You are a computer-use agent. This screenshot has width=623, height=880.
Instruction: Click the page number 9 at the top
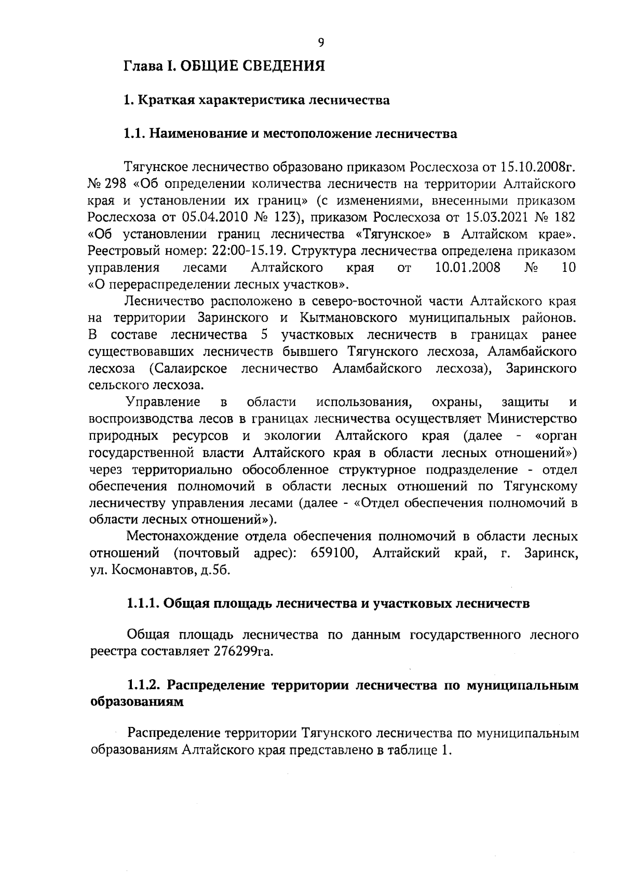(x=321, y=43)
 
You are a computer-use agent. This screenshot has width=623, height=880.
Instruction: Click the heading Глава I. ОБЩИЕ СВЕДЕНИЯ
(x=224, y=66)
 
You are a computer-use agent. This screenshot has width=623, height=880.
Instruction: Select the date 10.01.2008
(x=467, y=268)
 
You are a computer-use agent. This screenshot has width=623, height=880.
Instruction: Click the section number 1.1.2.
(x=144, y=686)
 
